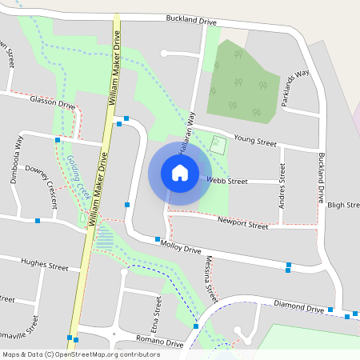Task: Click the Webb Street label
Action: tap(227, 182)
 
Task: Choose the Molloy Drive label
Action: tap(181, 250)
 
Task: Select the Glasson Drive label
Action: tap(52, 105)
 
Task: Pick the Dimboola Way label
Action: tap(16, 160)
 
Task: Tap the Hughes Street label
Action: tap(46, 265)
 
